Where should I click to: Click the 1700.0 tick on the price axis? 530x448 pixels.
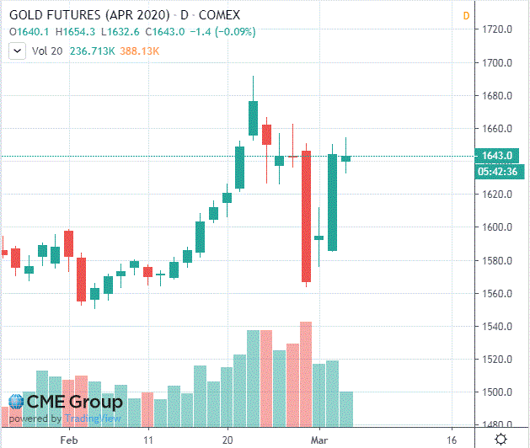tap(497, 63)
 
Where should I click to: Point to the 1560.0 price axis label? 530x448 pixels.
tap(497, 293)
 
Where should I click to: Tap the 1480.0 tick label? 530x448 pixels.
tap(497, 425)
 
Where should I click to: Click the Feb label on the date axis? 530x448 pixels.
tap(69, 440)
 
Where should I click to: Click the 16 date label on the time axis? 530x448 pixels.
tap(452, 440)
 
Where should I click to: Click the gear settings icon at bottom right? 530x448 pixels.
tap(501, 439)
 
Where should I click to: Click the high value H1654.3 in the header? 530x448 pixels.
tap(77, 32)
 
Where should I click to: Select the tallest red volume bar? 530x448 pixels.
tap(306, 375)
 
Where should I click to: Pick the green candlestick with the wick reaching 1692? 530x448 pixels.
tap(253, 118)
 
